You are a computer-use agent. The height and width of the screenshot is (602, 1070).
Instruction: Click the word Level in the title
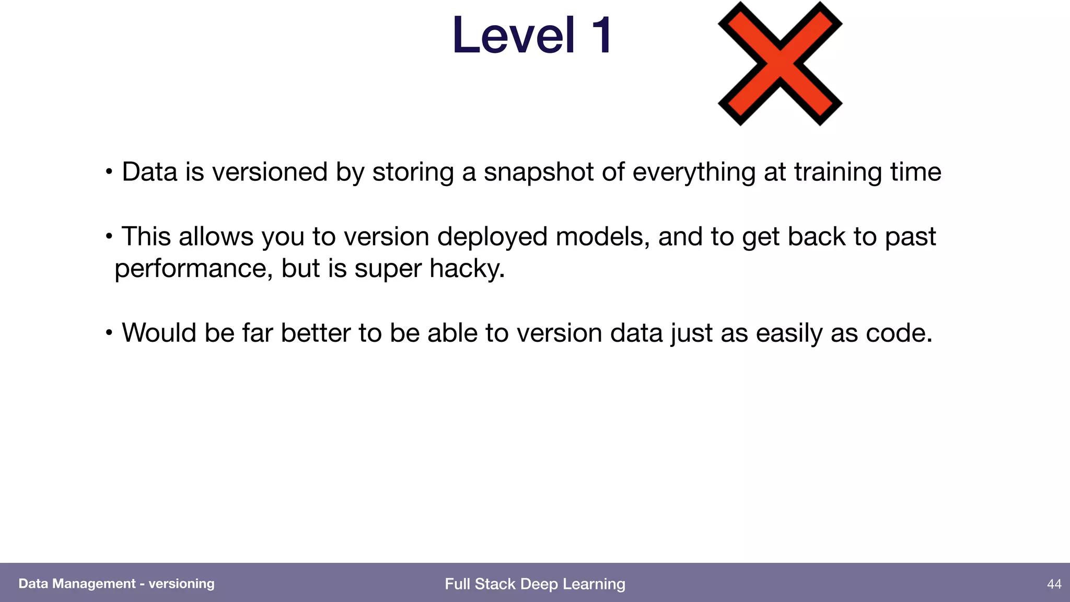click(x=514, y=36)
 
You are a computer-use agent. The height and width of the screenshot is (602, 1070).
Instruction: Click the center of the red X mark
click(x=780, y=64)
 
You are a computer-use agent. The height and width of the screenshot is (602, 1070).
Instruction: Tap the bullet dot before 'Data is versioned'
click(x=109, y=172)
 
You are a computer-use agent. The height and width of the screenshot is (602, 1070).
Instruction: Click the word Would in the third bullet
click(x=159, y=333)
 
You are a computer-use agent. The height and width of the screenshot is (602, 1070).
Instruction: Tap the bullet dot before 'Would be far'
click(x=109, y=333)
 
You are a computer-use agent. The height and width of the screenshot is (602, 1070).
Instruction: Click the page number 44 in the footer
click(x=1054, y=584)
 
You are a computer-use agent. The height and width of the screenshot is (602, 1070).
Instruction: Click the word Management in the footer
click(x=94, y=584)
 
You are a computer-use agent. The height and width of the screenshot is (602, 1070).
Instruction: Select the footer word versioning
click(x=181, y=584)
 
